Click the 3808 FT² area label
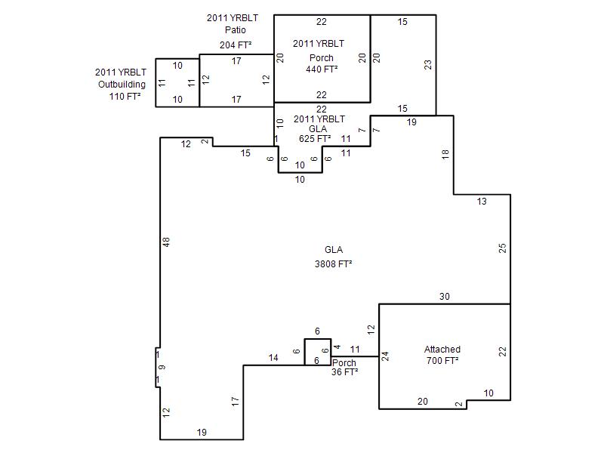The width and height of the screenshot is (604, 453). (x=333, y=263)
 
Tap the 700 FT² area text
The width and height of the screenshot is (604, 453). (x=442, y=361)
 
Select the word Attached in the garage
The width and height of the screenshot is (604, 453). (x=442, y=350)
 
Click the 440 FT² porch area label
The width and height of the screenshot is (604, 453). (x=322, y=69)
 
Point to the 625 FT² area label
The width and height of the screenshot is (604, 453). (x=315, y=139)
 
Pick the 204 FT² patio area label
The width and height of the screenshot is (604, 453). (x=236, y=45)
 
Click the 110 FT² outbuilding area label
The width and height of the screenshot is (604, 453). (x=125, y=97)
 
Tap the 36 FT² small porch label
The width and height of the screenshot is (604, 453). (x=345, y=372)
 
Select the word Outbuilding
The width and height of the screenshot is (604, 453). (x=122, y=85)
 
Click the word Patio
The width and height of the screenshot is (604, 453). (x=236, y=29)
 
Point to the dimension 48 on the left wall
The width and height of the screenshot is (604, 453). (x=166, y=242)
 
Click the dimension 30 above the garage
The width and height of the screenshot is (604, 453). (x=445, y=296)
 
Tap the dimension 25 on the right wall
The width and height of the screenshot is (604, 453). (x=502, y=248)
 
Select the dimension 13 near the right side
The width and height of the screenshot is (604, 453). (x=482, y=201)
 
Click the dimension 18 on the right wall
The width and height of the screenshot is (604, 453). (x=445, y=155)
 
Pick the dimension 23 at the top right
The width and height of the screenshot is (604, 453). (x=428, y=64)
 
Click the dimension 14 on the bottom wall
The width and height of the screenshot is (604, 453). (x=273, y=357)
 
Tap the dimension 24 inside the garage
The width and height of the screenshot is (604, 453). (x=385, y=356)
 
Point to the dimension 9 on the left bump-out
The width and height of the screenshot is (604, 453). (x=162, y=367)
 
